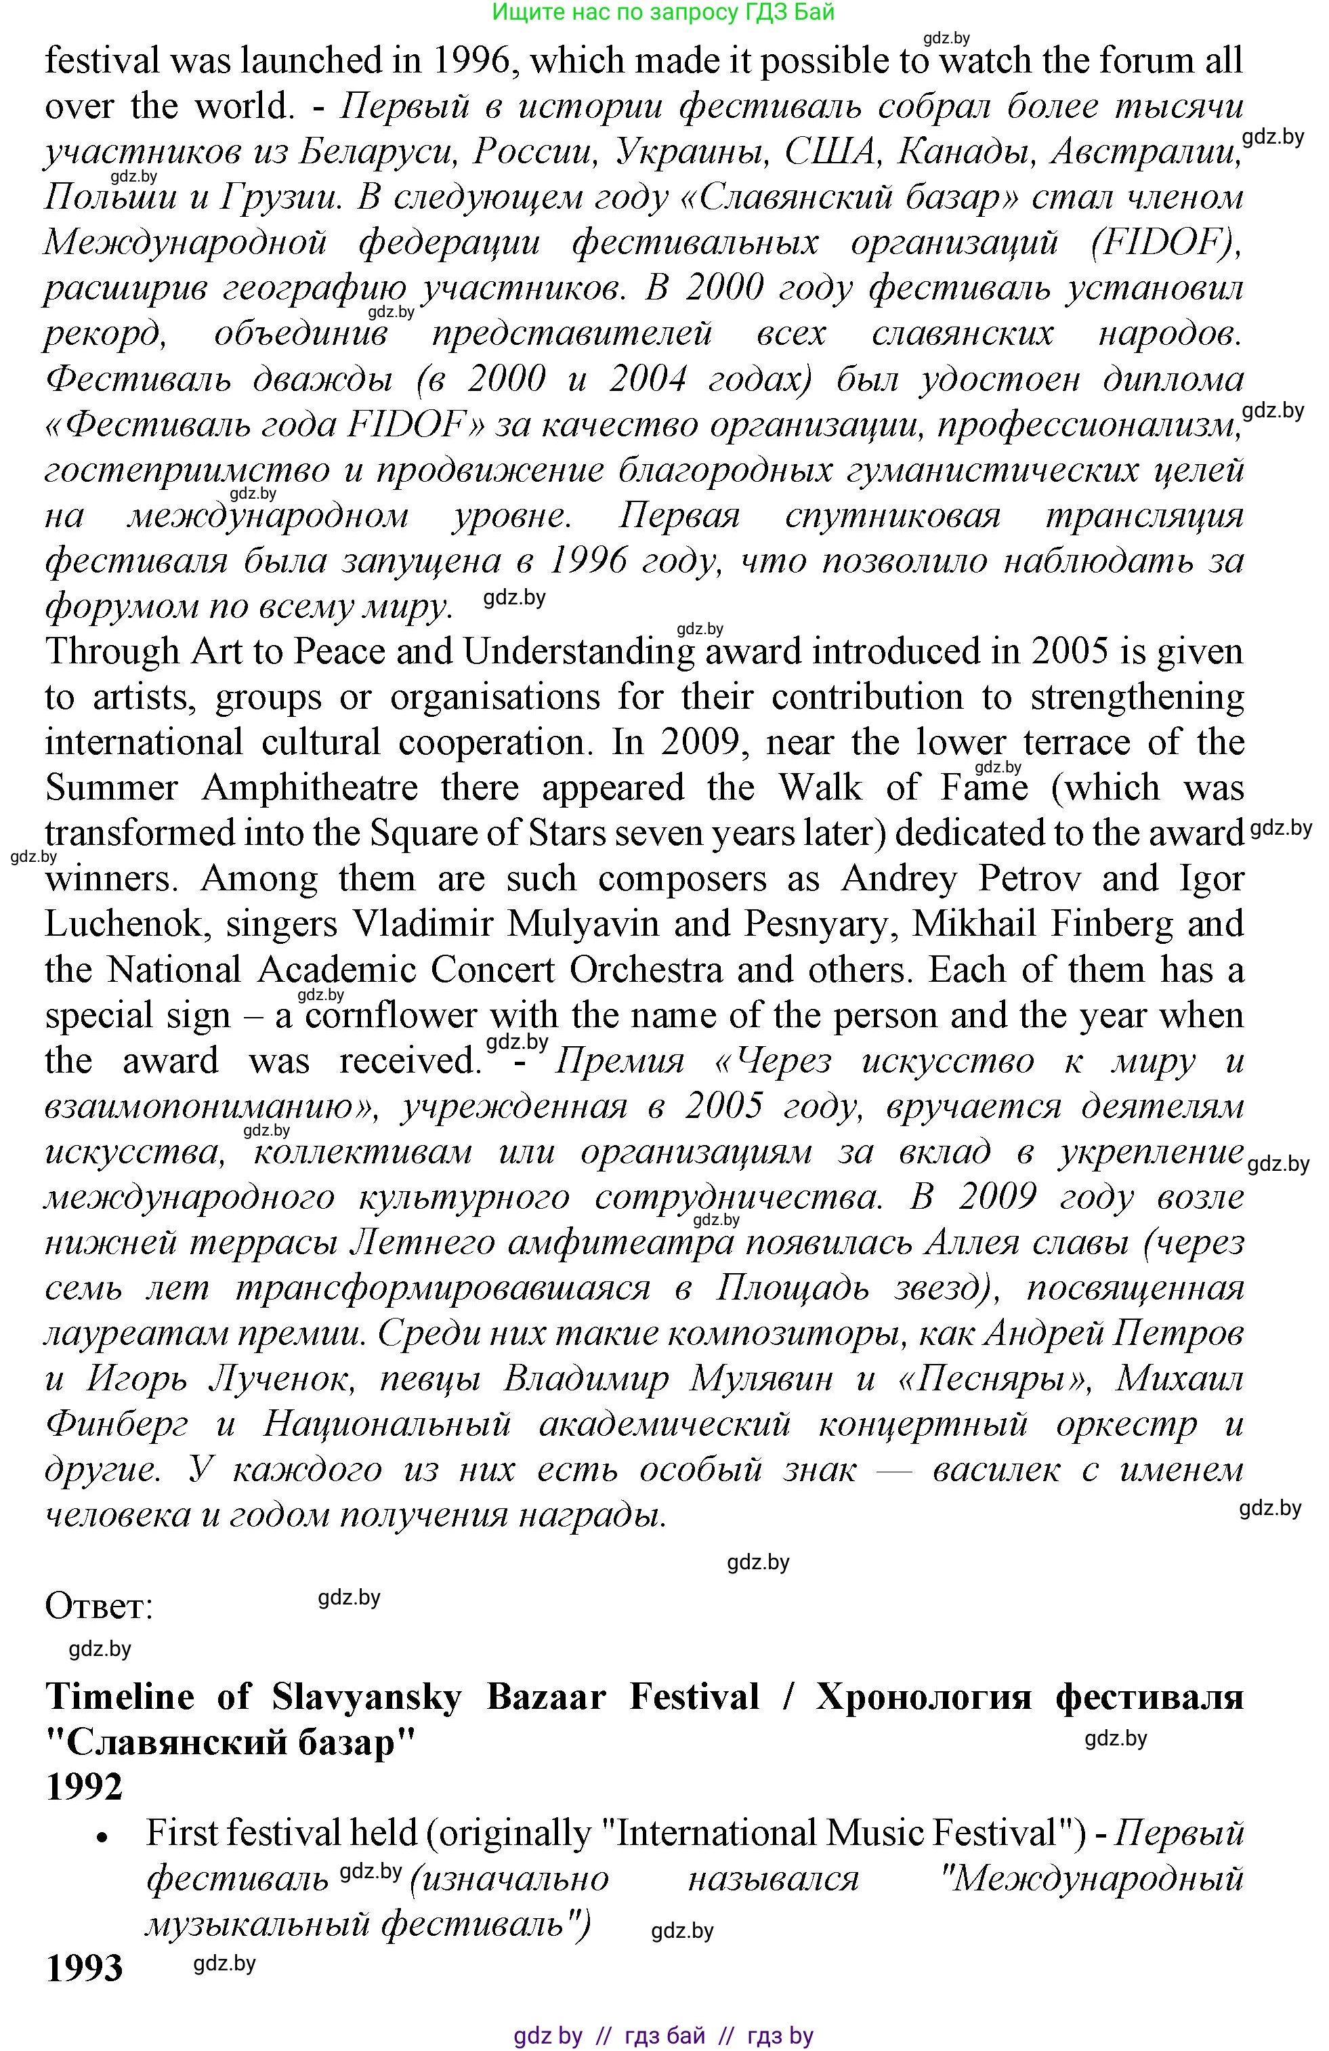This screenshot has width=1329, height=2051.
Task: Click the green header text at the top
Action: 663,12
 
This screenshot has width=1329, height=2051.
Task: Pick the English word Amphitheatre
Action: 310,787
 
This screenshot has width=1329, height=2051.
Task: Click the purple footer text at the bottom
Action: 663,2035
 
